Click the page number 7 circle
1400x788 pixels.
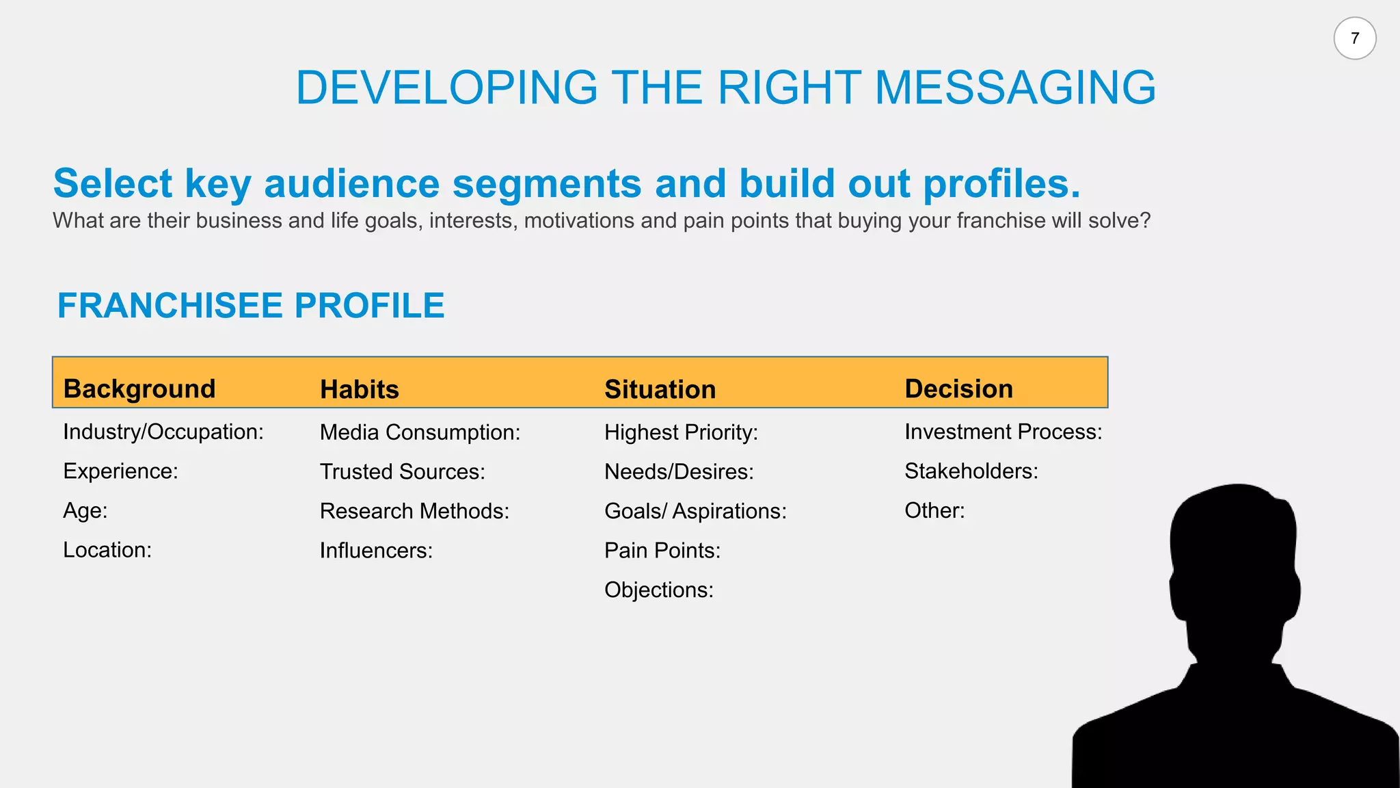[x=1354, y=38]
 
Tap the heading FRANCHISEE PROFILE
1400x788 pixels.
[x=251, y=305]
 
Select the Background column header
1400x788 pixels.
[x=139, y=389]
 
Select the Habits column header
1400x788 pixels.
[x=360, y=389]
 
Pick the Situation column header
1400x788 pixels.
[x=660, y=389]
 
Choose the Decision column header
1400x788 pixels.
[x=958, y=389]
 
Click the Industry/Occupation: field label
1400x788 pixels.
[x=163, y=432]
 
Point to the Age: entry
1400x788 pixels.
[x=85, y=510]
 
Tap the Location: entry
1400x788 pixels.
[x=107, y=550]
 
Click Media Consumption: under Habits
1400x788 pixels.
[x=420, y=432]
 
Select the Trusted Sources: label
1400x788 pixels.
[x=402, y=471]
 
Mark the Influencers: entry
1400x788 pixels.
[x=376, y=551]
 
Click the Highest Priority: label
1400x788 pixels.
[x=681, y=432]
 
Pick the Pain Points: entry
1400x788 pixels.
[x=662, y=551]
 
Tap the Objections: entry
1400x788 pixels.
[x=658, y=590]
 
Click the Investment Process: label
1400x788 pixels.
[x=1003, y=432]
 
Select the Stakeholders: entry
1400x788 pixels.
[x=971, y=471]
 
